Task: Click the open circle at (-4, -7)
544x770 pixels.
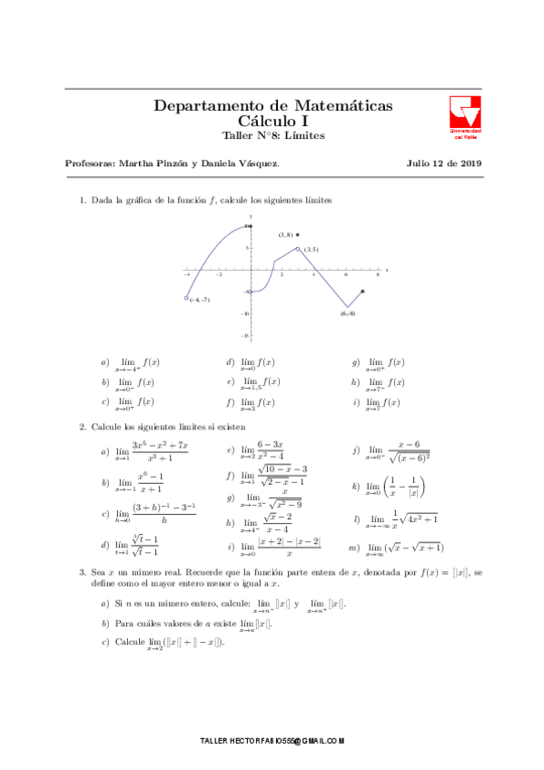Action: pyautogui.click(x=186, y=297)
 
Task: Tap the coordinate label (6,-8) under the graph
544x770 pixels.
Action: pyautogui.click(x=348, y=313)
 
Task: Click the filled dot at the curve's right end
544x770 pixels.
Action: pyautogui.click(x=363, y=291)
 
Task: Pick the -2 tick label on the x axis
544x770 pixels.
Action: pyautogui.click(x=218, y=274)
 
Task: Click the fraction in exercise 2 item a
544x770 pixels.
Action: pyautogui.click(x=160, y=451)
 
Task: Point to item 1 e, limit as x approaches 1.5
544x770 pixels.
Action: pyautogui.click(x=261, y=383)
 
